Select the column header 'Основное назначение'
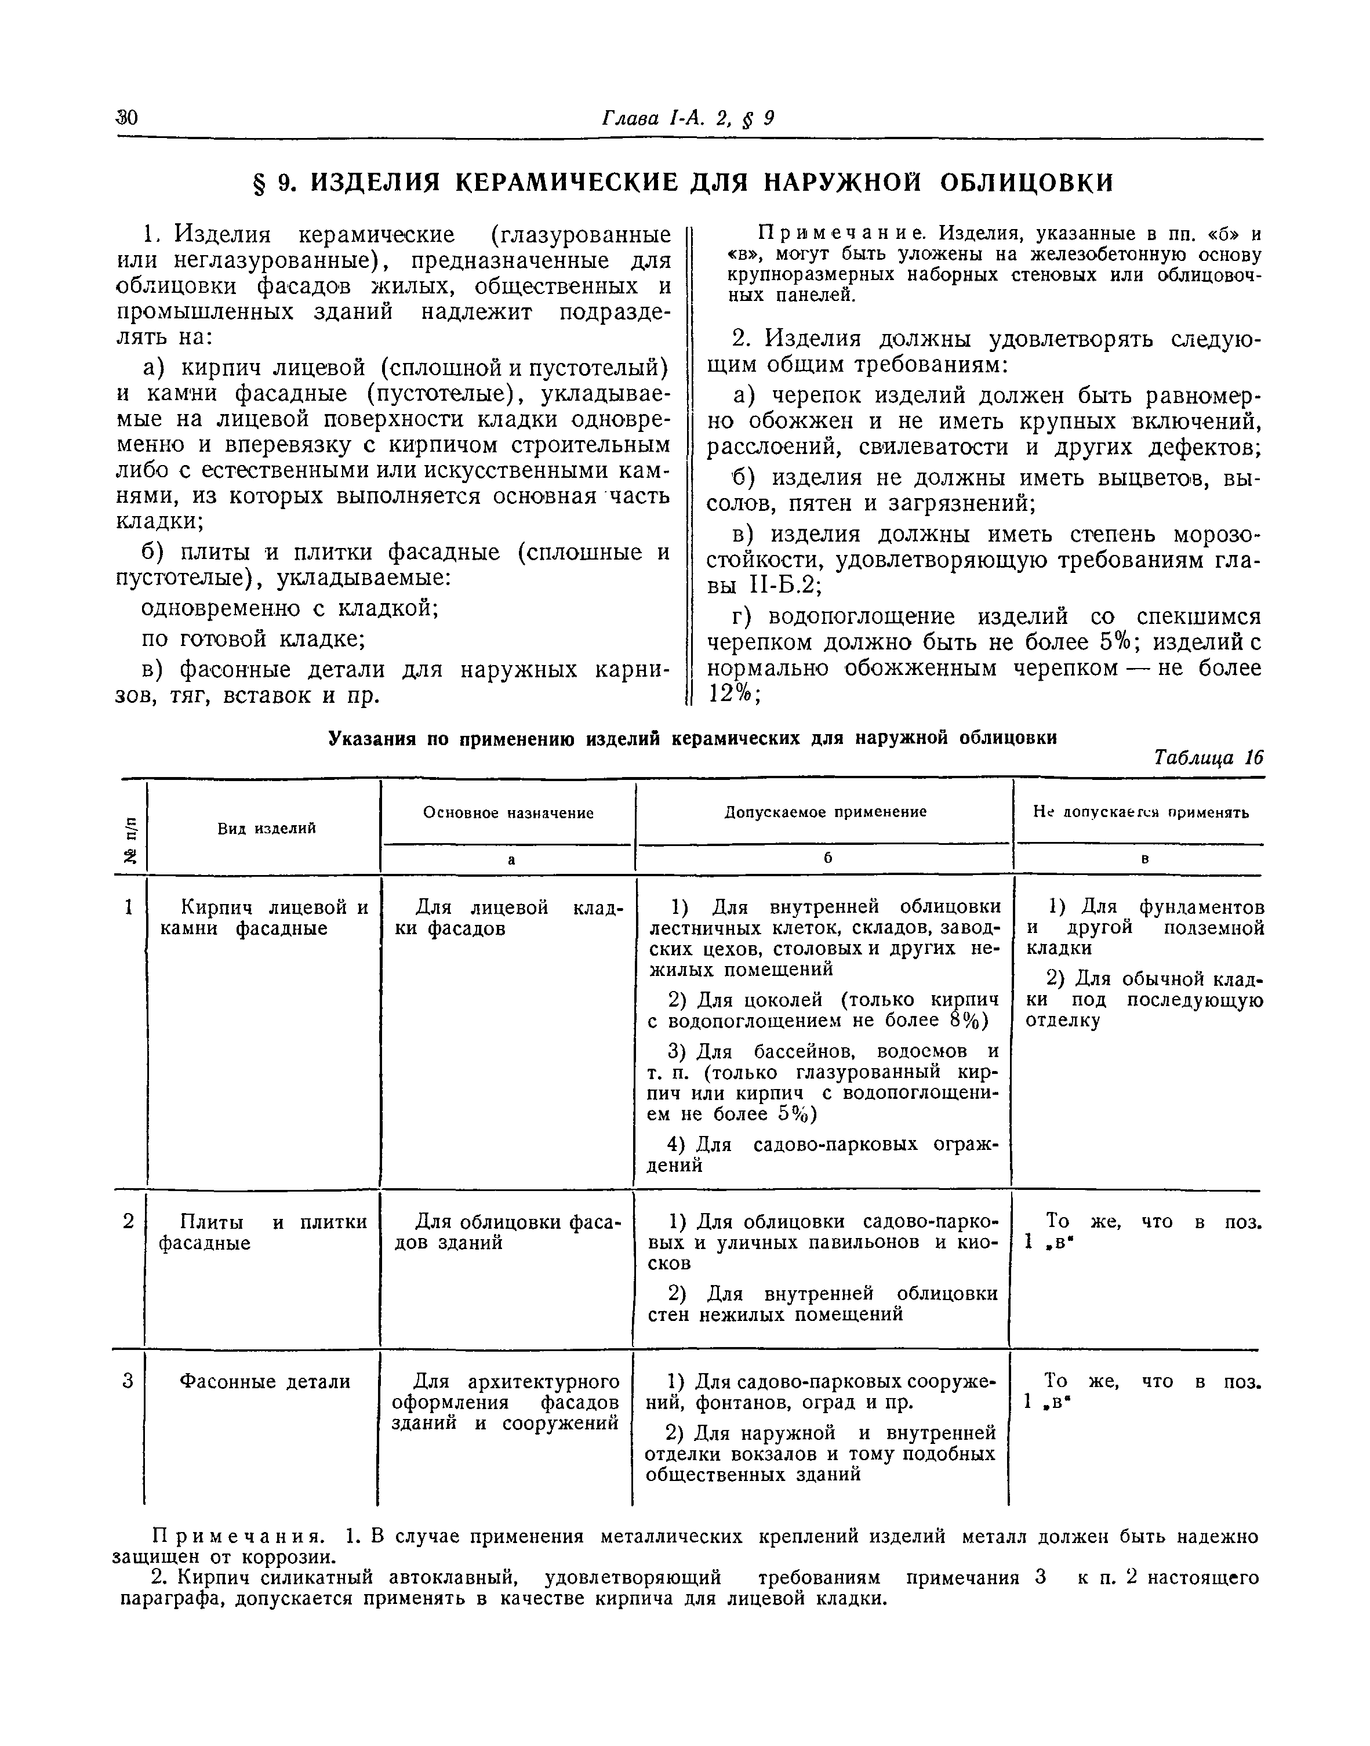508,813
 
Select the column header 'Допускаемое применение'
826,812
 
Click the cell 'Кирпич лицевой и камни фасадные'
264,919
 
